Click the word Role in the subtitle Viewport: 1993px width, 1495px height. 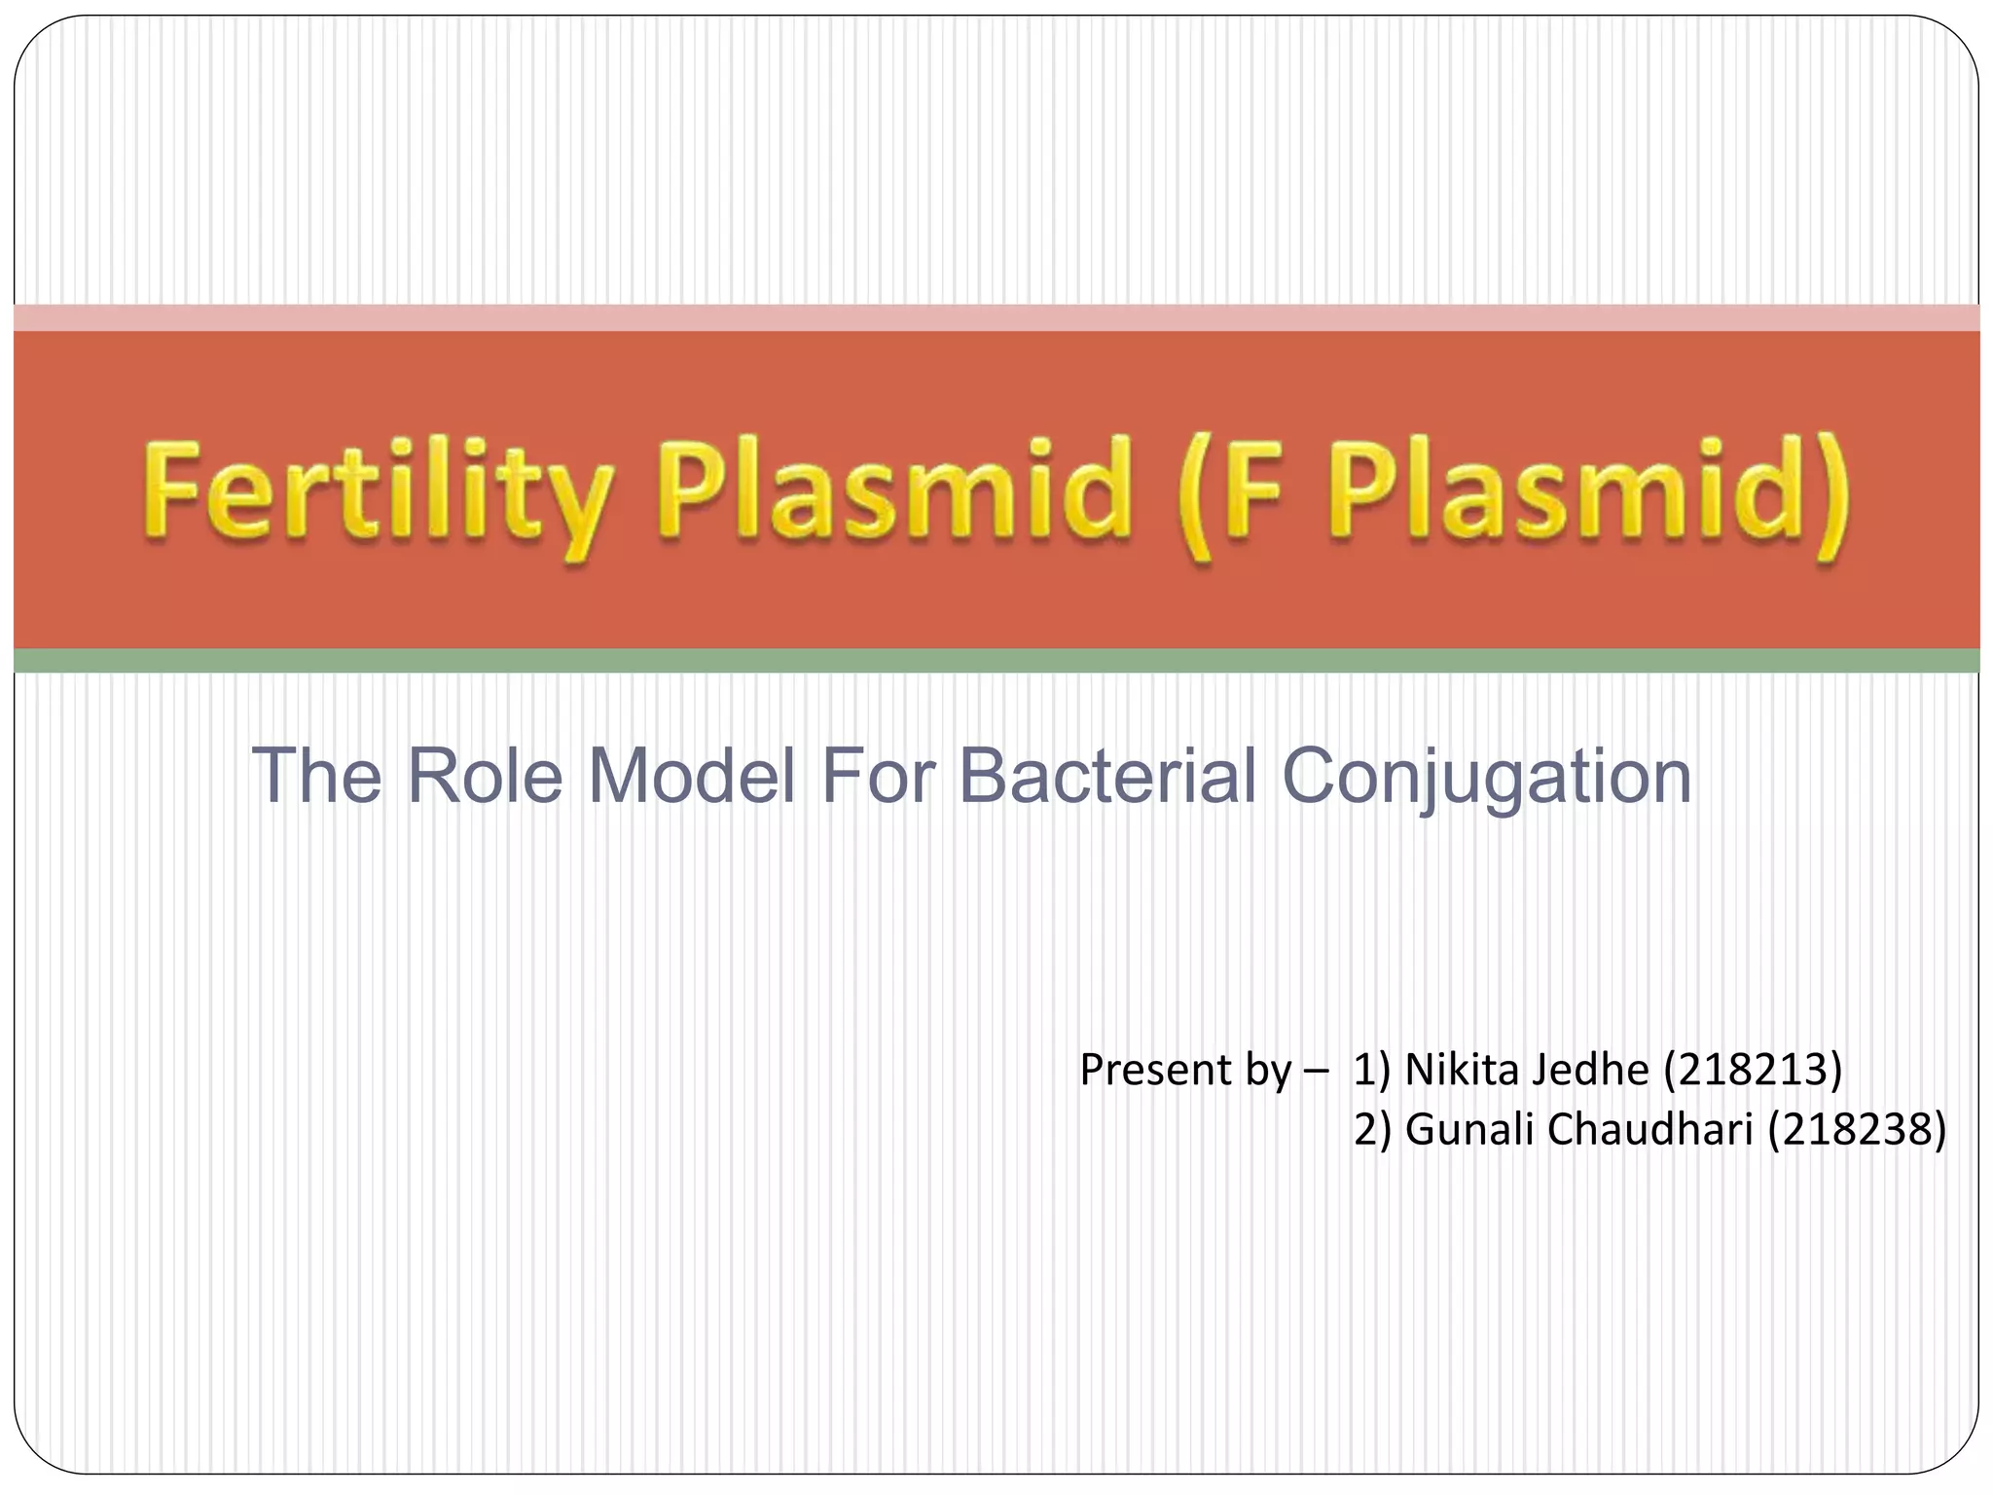[x=484, y=776]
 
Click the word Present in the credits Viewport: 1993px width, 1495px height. [x=1155, y=1070]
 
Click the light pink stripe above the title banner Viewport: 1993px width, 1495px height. [x=996, y=317]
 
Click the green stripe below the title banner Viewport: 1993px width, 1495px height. [x=996, y=661]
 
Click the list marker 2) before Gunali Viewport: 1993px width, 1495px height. [x=1373, y=1129]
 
